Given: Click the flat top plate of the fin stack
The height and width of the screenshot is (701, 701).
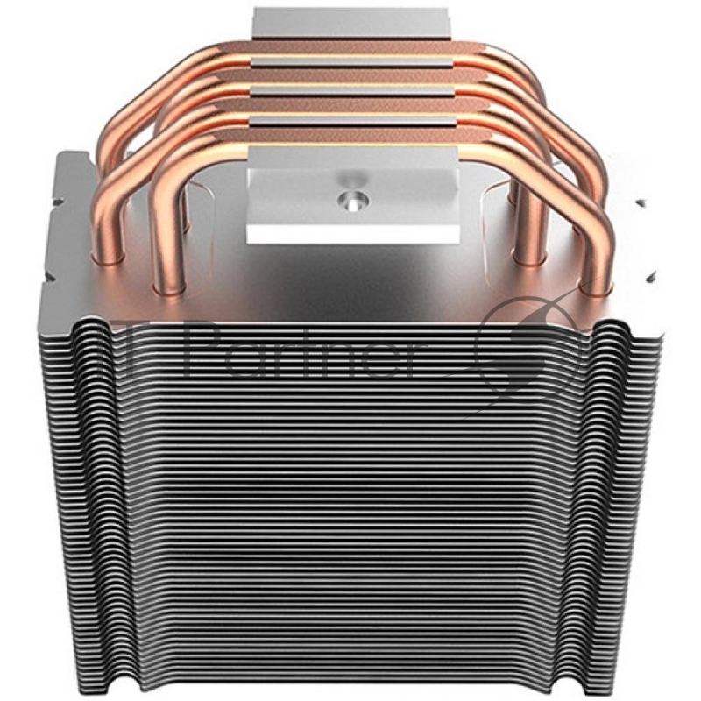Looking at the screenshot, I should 350,280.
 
